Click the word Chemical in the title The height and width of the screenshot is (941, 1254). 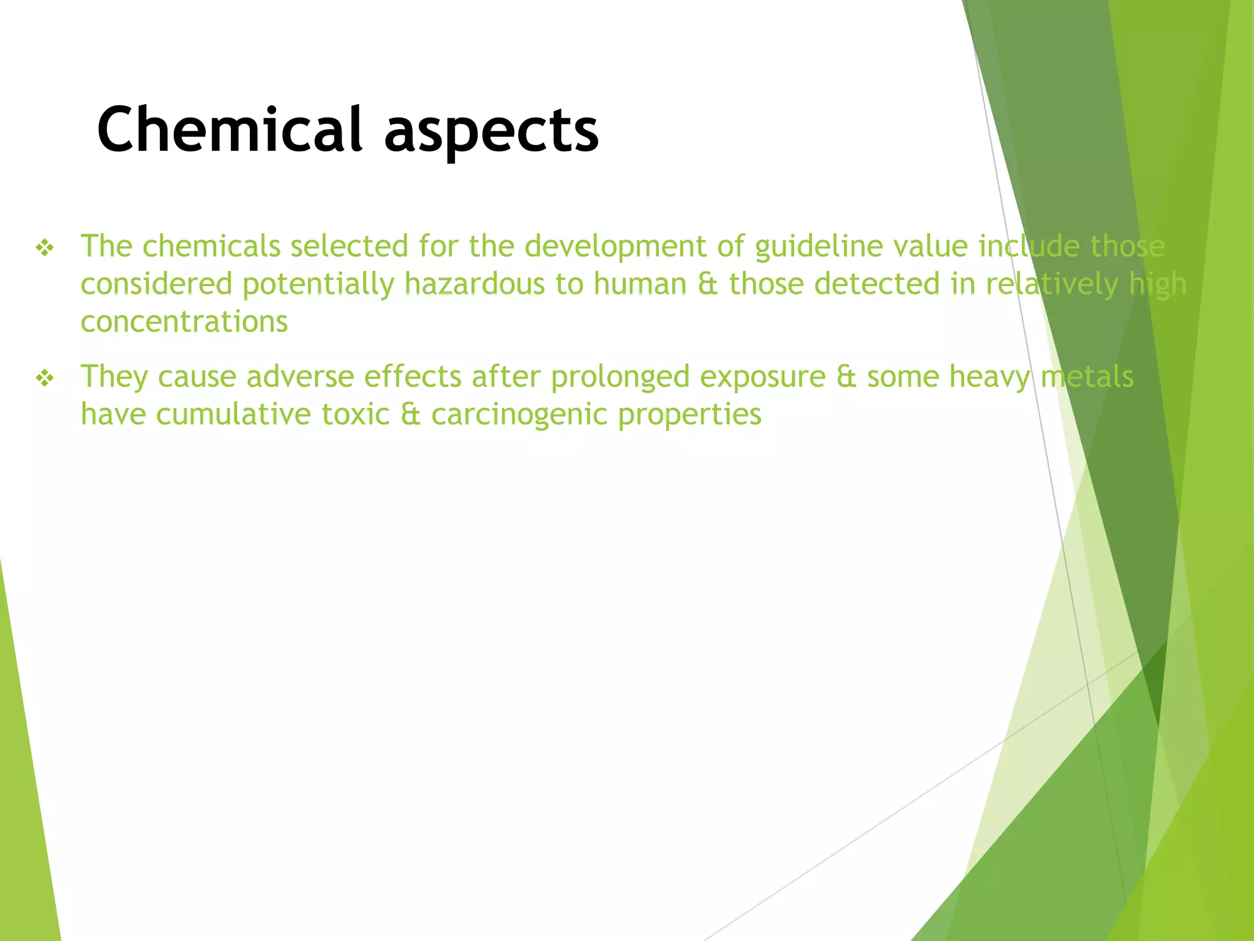coord(230,130)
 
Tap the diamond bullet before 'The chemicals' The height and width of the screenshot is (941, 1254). coord(45,248)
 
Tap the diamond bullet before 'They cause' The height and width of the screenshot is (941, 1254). coord(45,379)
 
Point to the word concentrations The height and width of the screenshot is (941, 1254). coord(184,322)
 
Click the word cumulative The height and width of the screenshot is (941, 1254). coord(233,415)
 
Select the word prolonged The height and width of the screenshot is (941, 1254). coord(620,377)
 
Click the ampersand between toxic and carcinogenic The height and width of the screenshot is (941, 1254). coord(410,415)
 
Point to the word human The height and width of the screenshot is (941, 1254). coord(640,285)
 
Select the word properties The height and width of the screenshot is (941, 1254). coord(689,415)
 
